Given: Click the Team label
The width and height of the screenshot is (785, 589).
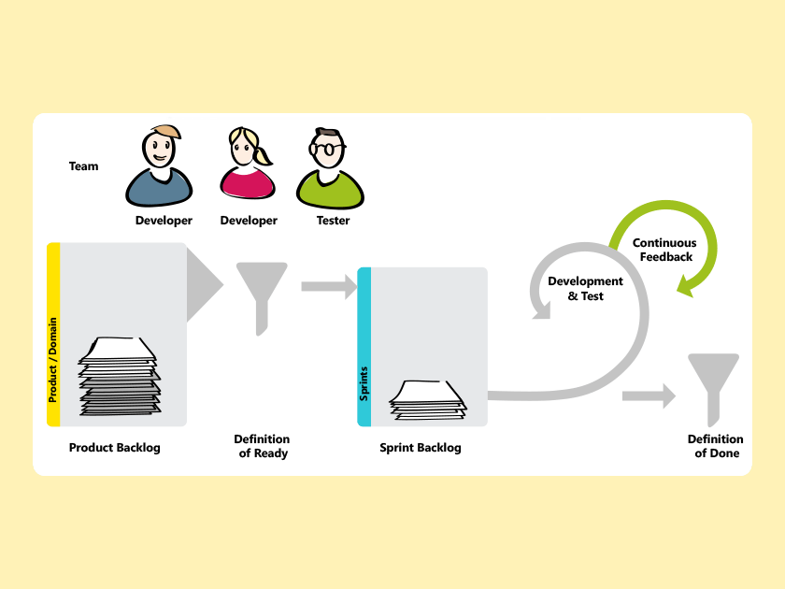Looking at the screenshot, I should tap(83, 166).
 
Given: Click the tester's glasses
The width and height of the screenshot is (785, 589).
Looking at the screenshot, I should tap(327, 149).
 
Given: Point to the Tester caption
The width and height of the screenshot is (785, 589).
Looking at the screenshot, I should tap(333, 221).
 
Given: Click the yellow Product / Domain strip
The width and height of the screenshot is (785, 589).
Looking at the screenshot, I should tap(53, 334).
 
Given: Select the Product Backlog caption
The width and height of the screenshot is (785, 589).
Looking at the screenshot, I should tap(115, 448).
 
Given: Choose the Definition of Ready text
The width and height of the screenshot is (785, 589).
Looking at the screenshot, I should tap(262, 446).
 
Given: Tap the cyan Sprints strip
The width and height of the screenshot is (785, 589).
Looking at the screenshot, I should tap(364, 346).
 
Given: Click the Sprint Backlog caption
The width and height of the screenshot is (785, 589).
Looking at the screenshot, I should tap(421, 448).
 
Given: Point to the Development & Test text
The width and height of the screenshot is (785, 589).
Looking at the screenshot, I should tap(585, 289).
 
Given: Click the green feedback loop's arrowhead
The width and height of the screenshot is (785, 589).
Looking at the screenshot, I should tap(687, 285).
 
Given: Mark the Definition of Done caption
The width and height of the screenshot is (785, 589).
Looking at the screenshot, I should tap(716, 446).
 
